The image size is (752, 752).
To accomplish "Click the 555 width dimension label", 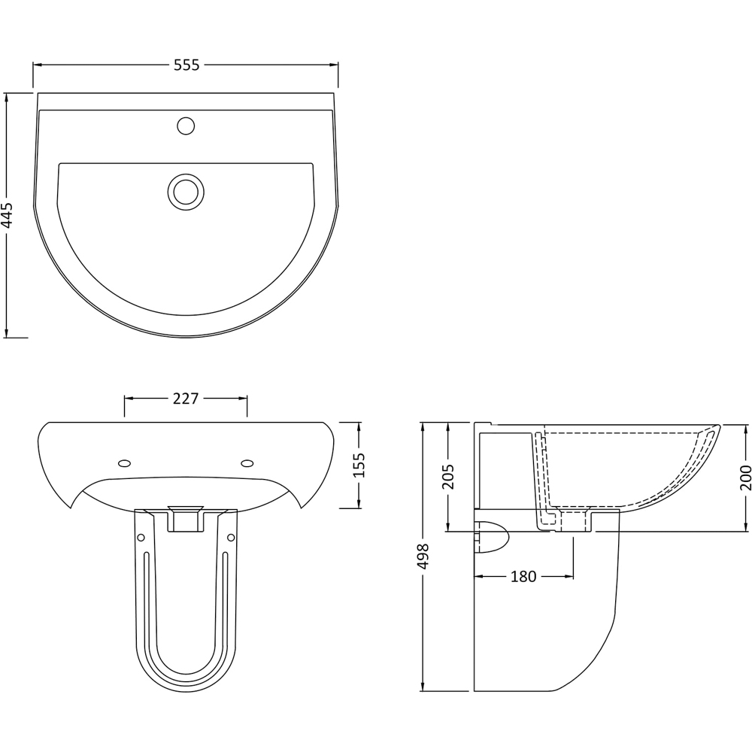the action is coord(186,65).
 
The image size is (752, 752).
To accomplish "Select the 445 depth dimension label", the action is coord(7,216).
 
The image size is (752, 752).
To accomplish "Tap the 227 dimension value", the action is coord(186,399).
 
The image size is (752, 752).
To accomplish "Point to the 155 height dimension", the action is coord(359,465).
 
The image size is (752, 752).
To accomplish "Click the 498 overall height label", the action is coord(423,556).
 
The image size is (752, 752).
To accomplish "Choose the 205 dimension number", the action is coord(447,476).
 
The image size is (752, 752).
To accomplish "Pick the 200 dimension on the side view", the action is coord(746,478).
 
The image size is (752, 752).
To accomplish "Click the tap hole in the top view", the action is coord(186,126).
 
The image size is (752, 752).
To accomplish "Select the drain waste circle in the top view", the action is coord(186,192).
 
